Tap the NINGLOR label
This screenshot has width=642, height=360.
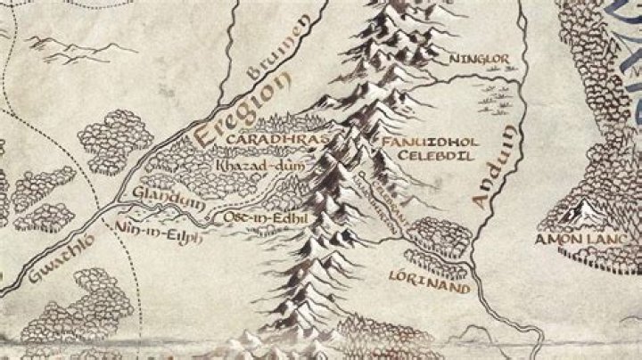(480, 59)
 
